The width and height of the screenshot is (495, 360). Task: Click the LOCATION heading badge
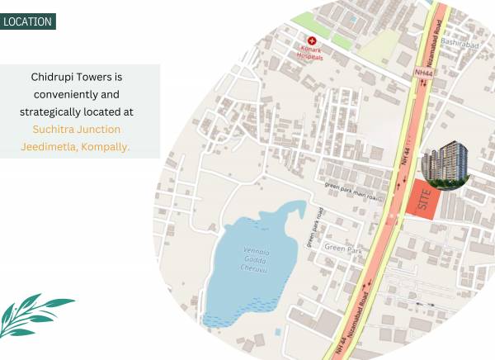[x=27, y=21]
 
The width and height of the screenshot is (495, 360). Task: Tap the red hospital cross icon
[x=311, y=40]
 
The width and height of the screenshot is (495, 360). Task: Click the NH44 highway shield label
[x=423, y=73]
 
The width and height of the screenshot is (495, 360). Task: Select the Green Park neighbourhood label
[x=342, y=248]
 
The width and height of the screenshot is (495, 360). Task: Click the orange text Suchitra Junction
[x=77, y=129]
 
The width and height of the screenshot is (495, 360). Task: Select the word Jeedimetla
[x=52, y=147]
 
